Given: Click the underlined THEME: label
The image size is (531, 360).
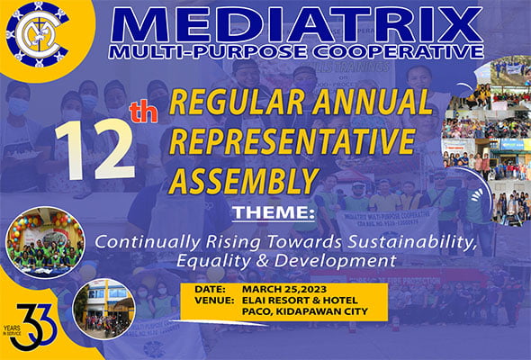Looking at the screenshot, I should tap(268, 215).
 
